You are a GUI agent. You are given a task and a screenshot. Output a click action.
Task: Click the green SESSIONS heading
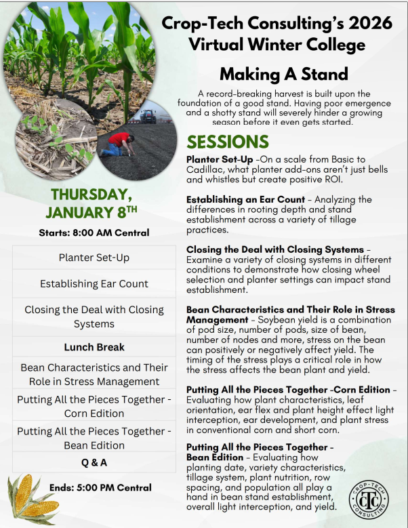click(x=228, y=142)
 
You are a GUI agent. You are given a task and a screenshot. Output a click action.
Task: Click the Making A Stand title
click(x=283, y=73)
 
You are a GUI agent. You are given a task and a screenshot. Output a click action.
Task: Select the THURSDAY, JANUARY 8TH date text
click(x=89, y=203)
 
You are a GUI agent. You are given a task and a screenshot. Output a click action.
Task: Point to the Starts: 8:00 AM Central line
click(x=89, y=232)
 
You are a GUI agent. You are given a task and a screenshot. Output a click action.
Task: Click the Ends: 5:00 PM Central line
click(x=100, y=487)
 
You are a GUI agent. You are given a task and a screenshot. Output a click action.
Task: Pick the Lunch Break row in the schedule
click(x=94, y=347)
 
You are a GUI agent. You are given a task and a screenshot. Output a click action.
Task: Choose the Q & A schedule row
click(x=94, y=463)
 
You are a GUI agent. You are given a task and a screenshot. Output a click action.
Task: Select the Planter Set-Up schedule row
click(x=94, y=258)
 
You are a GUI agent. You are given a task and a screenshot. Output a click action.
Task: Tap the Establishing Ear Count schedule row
click(x=94, y=284)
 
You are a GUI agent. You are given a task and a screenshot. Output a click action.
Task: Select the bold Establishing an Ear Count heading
click(x=248, y=199)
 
